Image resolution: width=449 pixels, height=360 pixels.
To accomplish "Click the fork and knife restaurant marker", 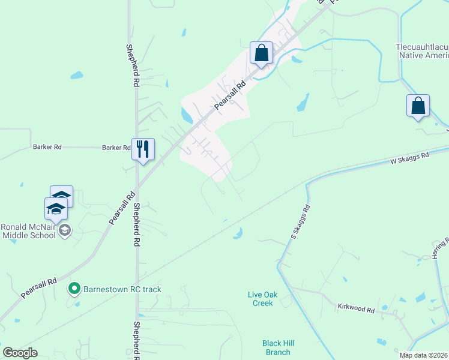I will pos(143,149).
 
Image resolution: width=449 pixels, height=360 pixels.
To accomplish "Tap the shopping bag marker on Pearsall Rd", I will pos(261,53).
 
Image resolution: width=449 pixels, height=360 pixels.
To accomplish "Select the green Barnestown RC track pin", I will pos(74,289).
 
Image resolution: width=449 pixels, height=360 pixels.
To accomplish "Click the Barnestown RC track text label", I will pos(122,289).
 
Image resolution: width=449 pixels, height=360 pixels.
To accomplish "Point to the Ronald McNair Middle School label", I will pos(28,231).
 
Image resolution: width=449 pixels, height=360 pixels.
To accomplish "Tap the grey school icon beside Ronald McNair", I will pos(65,230).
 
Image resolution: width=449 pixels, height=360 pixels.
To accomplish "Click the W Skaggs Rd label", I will pos(410,158).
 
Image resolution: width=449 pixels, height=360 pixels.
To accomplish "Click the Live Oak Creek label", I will pos(261,299).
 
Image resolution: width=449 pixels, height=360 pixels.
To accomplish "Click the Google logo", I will pos(20,352).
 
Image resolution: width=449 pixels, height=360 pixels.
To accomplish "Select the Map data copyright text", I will pos(424,355).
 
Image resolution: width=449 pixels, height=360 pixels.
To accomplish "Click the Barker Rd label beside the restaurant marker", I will pos(116,147).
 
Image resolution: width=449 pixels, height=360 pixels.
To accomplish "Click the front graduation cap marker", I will pos(56,209).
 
